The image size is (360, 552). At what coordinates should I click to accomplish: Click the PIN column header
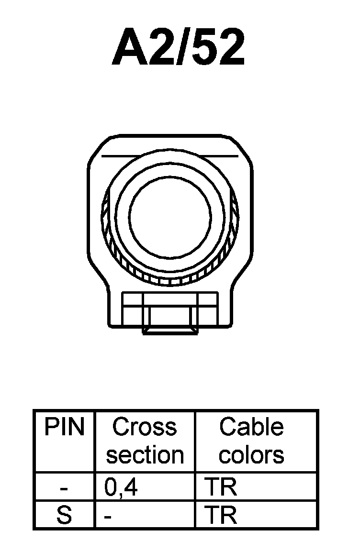click(64, 427)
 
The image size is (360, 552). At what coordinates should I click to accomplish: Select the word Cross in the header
click(144, 427)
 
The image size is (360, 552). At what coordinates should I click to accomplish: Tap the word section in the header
click(145, 454)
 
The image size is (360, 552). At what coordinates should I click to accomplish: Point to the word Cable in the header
click(251, 427)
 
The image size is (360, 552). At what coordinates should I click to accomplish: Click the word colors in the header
click(251, 454)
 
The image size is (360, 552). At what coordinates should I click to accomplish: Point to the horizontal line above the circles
click(170, 156)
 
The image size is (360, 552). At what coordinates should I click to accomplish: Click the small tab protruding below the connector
click(170, 331)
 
